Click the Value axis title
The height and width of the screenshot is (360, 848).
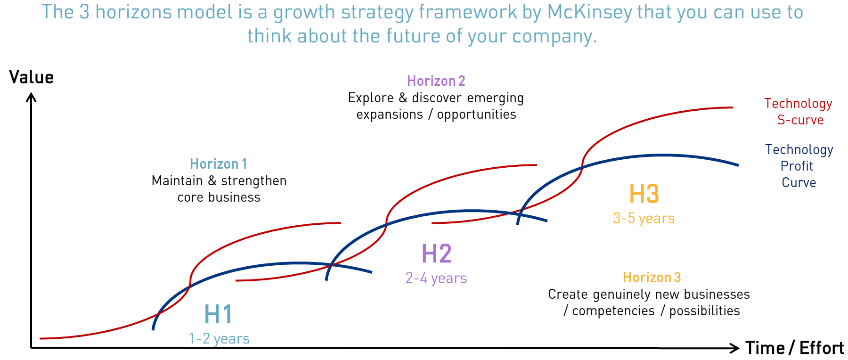32,77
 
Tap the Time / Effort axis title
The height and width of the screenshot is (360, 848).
794,348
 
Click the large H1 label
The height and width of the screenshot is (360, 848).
219,314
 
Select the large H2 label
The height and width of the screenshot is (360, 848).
437,254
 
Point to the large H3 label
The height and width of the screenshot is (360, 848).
644,194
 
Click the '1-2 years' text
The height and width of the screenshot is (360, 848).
219,338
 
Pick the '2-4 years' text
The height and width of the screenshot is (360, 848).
436,278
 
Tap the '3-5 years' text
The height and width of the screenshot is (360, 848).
644,218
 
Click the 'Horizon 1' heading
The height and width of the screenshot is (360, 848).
219,164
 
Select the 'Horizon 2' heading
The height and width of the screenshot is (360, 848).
436,81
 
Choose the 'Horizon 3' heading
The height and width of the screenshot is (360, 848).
652,278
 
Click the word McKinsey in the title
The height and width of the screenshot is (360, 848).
589,12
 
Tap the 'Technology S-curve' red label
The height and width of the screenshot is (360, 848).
799,112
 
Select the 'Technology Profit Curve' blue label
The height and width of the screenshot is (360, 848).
799,166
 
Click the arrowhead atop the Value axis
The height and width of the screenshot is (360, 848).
31,97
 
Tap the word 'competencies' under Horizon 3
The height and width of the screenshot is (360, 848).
613,311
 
